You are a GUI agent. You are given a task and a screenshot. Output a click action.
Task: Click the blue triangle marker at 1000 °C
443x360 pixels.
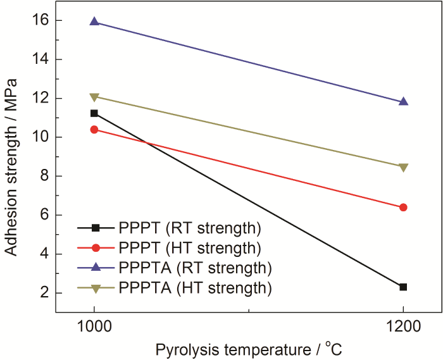(x=94, y=22)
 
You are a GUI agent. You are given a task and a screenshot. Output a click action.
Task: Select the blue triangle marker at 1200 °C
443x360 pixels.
(x=403, y=101)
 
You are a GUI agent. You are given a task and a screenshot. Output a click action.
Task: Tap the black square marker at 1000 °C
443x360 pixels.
(x=94, y=113)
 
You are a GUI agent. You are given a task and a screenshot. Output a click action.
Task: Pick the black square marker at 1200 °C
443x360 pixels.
(x=403, y=287)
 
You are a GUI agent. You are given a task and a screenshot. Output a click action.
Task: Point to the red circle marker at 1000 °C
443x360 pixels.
(x=94, y=130)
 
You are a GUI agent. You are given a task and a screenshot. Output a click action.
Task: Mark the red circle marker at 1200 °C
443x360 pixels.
(x=403, y=208)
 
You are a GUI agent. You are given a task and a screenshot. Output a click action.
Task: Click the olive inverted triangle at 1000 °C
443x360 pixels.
(x=94, y=97)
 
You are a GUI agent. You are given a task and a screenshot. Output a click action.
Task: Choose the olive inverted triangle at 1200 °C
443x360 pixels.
(x=403, y=168)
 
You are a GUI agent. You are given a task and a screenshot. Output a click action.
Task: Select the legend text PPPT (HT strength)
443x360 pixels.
(x=189, y=247)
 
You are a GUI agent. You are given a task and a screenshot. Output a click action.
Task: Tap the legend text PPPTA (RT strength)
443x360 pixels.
(x=194, y=268)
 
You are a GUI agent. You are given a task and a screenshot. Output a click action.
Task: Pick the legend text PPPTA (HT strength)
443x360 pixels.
(x=194, y=288)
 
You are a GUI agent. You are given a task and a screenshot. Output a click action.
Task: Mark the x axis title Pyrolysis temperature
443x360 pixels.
(x=240, y=348)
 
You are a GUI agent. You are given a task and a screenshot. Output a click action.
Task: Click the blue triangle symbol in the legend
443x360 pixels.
(x=96, y=267)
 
